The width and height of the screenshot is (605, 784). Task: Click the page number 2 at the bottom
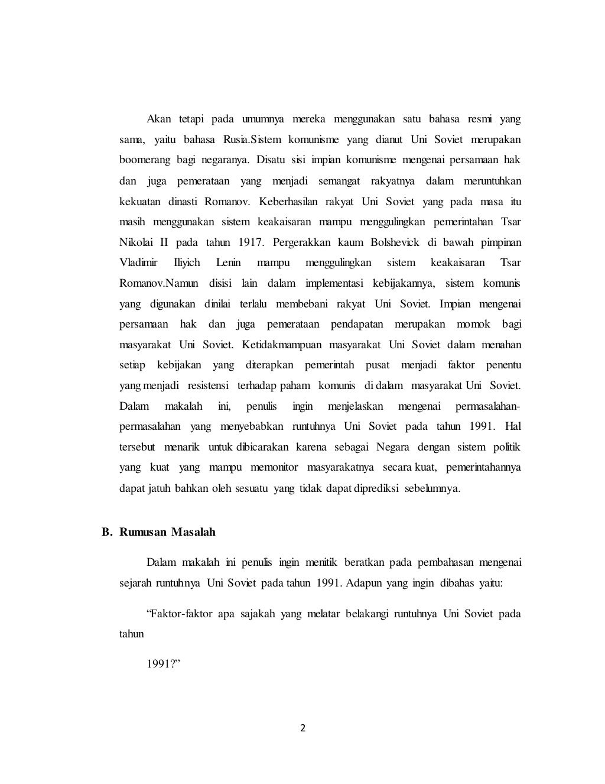coord(302,728)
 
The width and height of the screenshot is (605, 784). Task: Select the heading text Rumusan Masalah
coord(167,532)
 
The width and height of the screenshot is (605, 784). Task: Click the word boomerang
coord(143,161)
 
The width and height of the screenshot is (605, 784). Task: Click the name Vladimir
coord(138,263)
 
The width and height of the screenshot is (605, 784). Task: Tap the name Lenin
coord(228,263)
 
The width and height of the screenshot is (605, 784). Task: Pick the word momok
coord(473,324)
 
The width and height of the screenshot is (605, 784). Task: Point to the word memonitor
coord(273,467)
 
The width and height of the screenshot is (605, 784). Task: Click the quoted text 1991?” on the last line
coord(163,662)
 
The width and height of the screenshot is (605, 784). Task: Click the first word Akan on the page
coord(158,119)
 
